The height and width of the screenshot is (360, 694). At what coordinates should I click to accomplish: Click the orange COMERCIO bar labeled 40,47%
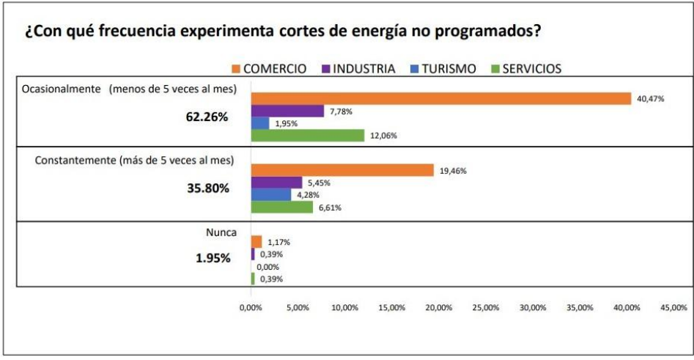click(x=440, y=99)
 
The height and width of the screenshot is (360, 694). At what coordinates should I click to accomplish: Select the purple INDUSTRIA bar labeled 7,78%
click(x=287, y=111)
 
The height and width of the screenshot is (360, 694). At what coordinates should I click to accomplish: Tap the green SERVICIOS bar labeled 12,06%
click(x=308, y=135)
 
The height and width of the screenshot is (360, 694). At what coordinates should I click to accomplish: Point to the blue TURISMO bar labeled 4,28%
click(x=271, y=195)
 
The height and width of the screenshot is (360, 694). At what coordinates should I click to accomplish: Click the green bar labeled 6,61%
click(x=282, y=207)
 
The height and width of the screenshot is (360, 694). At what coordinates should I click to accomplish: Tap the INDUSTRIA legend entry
click(x=359, y=69)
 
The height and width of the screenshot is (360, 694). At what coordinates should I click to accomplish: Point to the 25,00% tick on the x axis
click(x=486, y=308)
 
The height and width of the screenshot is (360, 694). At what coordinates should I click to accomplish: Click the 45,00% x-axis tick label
click(x=673, y=308)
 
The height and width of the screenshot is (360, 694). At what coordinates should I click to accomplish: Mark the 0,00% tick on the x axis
click(x=251, y=308)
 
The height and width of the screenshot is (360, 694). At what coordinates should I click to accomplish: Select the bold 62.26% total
click(x=209, y=116)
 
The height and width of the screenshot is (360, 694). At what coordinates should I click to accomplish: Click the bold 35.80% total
click(x=209, y=188)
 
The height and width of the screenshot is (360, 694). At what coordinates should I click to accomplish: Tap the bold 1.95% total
click(x=212, y=257)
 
